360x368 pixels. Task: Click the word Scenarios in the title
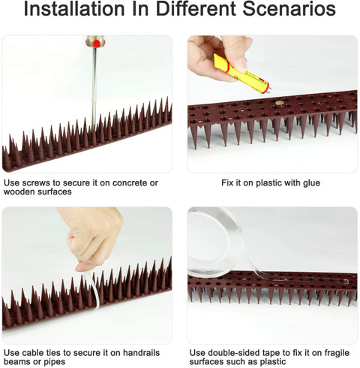click(x=289, y=8)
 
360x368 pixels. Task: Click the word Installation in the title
click(x=74, y=8)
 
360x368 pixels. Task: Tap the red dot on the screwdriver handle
click(x=96, y=44)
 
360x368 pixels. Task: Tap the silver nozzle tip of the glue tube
click(x=268, y=90)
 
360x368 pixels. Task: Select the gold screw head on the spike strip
click(x=280, y=103)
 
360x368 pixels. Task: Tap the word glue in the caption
click(x=311, y=183)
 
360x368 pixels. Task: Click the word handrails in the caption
click(x=141, y=353)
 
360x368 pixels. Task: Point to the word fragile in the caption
click(x=337, y=353)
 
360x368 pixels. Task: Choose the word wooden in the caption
click(x=19, y=192)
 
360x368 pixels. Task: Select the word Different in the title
click(x=196, y=8)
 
